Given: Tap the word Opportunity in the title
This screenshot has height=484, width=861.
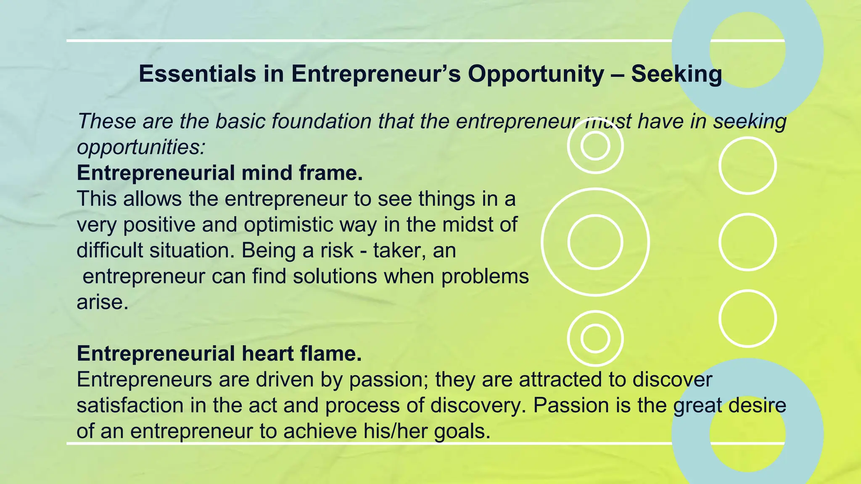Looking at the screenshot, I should (x=536, y=74).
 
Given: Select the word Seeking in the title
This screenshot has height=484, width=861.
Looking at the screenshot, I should (x=676, y=74).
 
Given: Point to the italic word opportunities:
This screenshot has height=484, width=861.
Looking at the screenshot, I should (x=141, y=147).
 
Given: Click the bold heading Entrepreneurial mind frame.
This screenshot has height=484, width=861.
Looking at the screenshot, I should (x=219, y=173).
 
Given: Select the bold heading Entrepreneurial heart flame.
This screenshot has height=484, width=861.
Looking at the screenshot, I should (x=219, y=354).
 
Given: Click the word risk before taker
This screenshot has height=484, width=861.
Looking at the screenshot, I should (x=336, y=250).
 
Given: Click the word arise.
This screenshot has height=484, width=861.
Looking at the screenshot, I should (x=102, y=302).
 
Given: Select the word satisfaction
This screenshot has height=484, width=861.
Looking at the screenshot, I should (x=130, y=405).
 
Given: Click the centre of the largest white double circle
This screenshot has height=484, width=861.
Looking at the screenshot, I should (x=595, y=242).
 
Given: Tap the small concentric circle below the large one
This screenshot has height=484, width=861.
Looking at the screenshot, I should (x=595, y=338).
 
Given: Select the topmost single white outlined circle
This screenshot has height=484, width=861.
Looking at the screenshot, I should (x=747, y=166).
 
